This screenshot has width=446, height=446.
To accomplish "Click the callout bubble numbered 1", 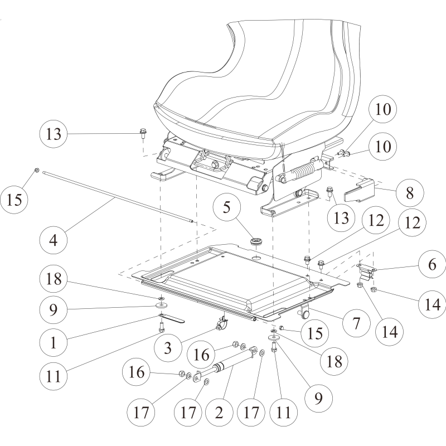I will (54, 342).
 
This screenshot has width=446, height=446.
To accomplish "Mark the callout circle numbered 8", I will (410, 194).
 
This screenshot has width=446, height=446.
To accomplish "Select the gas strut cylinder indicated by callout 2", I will (223, 369).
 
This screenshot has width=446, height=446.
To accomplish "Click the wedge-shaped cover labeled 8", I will (360, 191).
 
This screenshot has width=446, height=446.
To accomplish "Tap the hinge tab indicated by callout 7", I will (304, 312).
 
